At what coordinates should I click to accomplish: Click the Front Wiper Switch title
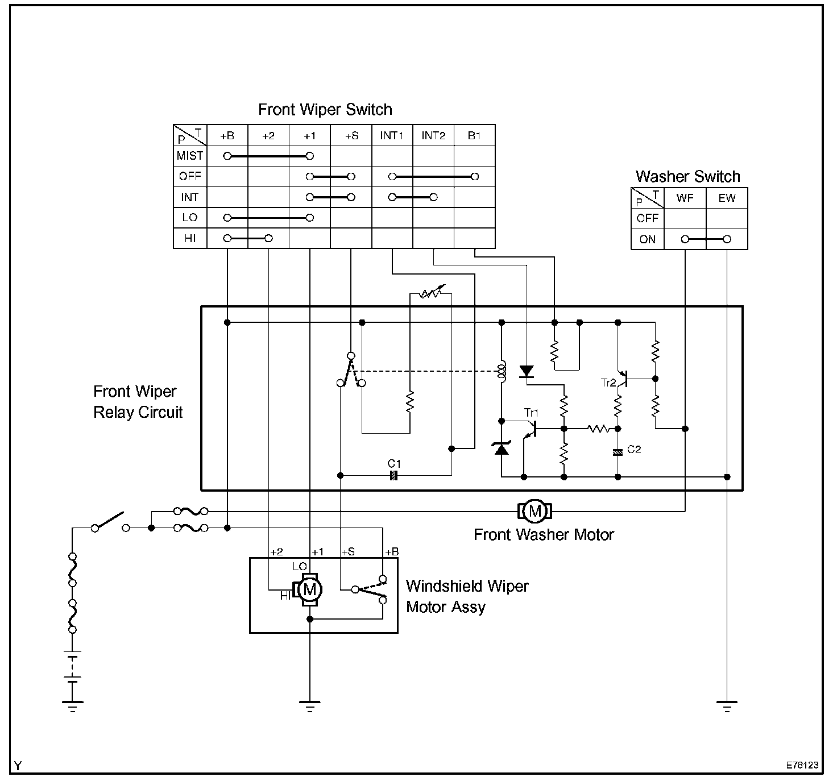(325, 109)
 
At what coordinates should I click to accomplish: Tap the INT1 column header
(392, 136)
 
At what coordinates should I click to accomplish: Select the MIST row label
(190, 156)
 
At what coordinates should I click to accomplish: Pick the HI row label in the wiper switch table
(190, 238)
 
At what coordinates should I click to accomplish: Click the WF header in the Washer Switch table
(685, 198)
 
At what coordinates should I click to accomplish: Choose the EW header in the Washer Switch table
(727, 198)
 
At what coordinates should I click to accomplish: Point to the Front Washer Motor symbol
(534, 512)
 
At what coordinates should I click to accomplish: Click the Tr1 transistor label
(531, 413)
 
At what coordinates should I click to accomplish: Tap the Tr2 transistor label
(608, 383)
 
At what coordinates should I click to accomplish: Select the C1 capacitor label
(394, 464)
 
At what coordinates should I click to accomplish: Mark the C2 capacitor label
(634, 450)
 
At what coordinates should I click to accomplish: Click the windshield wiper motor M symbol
(309, 590)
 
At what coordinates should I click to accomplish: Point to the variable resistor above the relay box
(430, 294)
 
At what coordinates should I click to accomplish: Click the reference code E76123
(802, 765)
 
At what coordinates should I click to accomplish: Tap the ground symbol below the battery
(72, 707)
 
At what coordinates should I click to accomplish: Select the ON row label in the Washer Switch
(648, 239)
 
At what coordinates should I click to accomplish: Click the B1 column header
(474, 136)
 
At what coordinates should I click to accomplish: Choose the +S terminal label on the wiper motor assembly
(348, 552)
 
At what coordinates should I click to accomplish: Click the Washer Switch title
(687, 176)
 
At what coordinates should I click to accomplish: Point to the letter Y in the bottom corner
(18, 766)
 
